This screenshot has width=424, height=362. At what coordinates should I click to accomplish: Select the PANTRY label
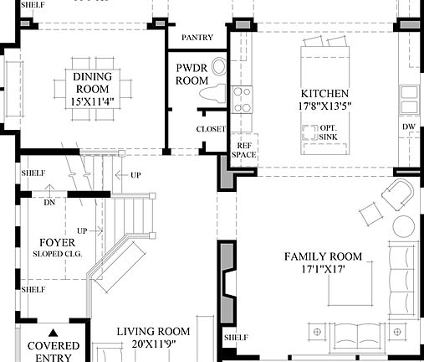197,38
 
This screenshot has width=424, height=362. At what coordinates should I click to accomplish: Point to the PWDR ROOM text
191,74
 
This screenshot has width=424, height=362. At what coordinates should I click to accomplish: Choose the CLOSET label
210,129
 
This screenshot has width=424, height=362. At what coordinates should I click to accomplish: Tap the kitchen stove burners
242,100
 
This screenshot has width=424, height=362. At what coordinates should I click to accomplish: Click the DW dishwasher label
408,127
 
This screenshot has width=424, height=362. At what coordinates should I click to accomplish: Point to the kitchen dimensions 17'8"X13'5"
324,106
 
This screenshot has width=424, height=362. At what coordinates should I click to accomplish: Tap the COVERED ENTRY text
54,351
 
